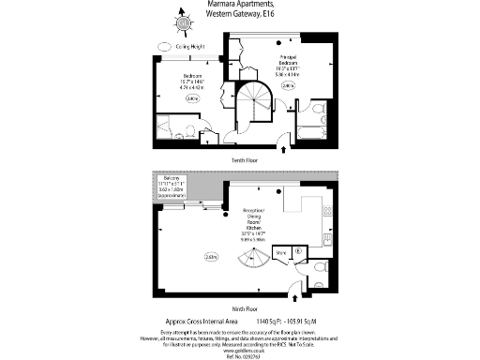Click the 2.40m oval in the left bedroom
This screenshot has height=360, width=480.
click(x=194, y=97)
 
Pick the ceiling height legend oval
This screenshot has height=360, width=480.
click(x=166, y=45)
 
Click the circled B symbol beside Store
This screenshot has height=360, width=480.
click(x=297, y=250)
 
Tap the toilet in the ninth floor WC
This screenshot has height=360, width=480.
click(x=322, y=267)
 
